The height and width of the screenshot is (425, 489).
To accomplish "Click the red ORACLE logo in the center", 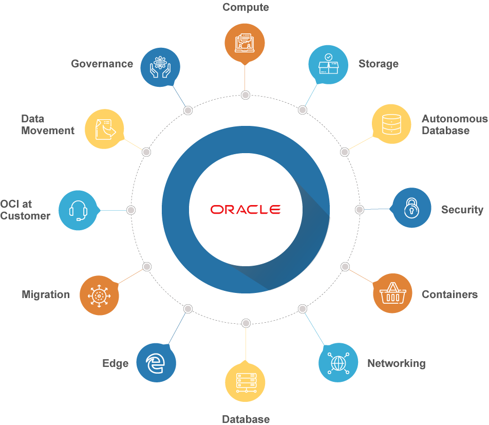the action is click(x=246, y=209).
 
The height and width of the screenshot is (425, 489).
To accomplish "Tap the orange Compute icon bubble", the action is click(x=245, y=43).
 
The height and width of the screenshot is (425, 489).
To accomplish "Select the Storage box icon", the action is click(x=328, y=65).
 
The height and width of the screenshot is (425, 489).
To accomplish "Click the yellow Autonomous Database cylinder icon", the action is click(x=391, y=124).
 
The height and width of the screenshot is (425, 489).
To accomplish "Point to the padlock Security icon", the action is click(x=411, y=208).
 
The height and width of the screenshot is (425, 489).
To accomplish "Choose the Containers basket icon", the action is click(x=392, y=293).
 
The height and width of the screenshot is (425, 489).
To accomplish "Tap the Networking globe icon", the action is click(x=338, y=363).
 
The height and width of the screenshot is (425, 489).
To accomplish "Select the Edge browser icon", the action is click(x=156, y=363).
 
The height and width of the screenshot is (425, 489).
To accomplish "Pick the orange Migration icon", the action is click(x=99, y=295).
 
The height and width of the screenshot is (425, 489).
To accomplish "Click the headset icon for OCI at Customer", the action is click(x=78, y=210).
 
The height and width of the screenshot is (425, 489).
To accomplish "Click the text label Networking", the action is click(x=397, y=363).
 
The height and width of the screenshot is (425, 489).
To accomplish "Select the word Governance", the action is click(x=102, y=64).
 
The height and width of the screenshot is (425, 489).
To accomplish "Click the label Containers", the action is click(x=450, y=294).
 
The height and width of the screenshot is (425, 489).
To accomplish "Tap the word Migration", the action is click(x=46, y=294).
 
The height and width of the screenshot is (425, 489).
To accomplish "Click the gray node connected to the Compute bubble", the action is click(x=246, y=95).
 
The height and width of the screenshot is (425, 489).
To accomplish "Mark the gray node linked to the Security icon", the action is click(x=359, y=210).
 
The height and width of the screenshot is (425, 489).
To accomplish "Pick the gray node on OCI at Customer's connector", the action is click(x=131, y=210).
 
